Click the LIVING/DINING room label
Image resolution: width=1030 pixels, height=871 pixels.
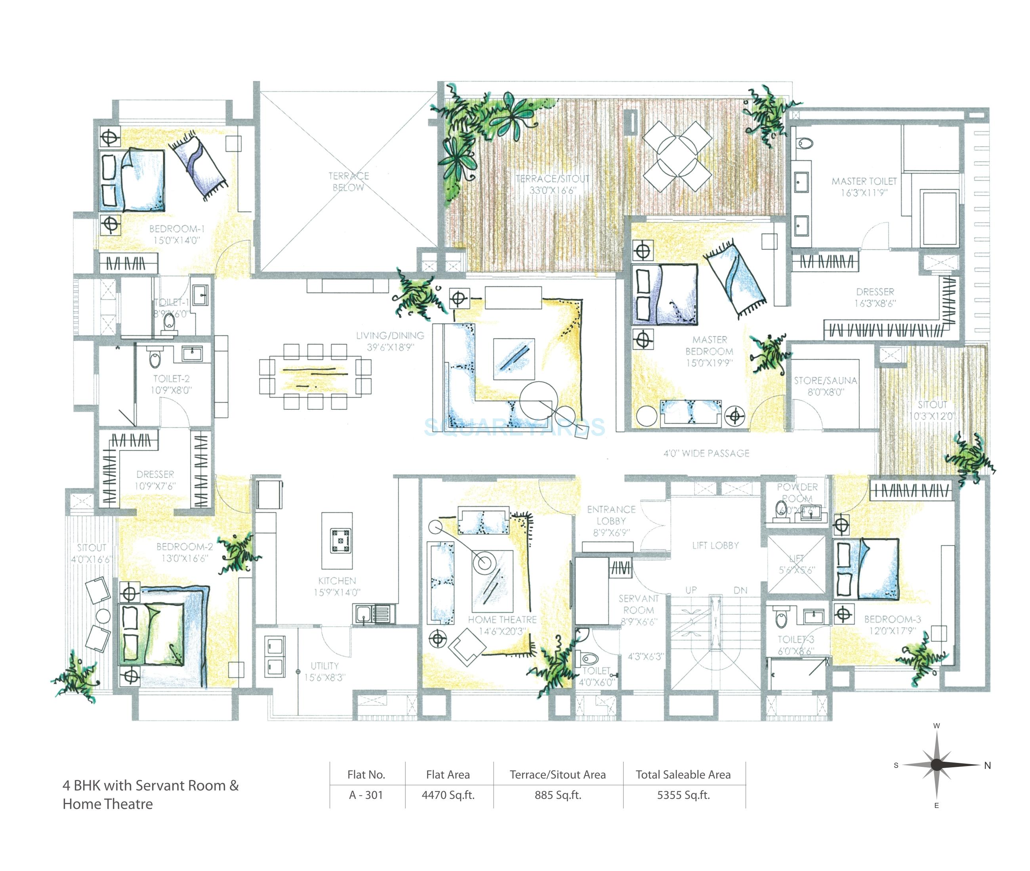click(390, 335)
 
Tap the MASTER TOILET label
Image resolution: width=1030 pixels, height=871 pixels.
click(864, 181)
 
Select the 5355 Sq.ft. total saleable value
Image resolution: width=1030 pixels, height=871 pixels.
click(683, 795)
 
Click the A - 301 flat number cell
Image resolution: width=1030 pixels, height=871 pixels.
click(366, 795)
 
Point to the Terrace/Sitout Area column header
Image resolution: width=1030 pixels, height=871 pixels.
click(557, 775)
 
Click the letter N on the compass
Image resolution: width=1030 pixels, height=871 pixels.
click(987, 765)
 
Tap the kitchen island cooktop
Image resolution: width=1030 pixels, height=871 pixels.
click(340, 540)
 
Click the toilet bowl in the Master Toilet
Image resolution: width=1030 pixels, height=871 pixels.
click(805, 144)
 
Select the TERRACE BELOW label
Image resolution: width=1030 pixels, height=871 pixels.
click(348, 181)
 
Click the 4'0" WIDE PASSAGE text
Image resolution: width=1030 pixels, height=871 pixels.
click(706, 453)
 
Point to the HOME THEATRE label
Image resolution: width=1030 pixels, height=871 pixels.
click(502, 619)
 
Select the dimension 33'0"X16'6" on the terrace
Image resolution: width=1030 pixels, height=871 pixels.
click(552, 190)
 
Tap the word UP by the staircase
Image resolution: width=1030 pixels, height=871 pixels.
click(690, 590)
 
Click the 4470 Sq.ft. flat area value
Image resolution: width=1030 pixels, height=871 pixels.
click(448, 795)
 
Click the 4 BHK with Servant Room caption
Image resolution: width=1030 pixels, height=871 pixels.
click(150, 785)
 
